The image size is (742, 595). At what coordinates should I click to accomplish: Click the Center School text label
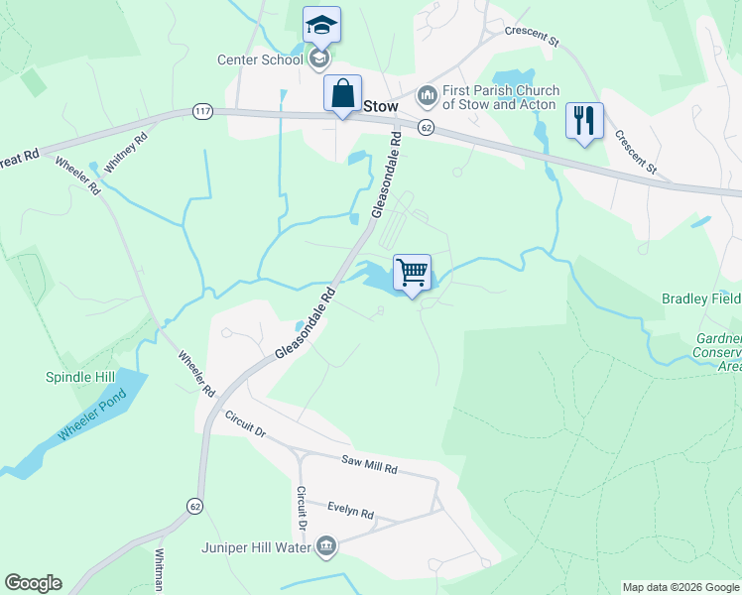260,59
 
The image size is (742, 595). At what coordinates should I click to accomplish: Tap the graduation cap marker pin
321,25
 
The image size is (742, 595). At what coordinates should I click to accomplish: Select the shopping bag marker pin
342,93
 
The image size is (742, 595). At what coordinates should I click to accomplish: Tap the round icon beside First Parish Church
428,95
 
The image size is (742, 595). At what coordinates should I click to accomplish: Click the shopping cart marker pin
412,272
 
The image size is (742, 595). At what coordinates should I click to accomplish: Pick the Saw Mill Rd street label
369,462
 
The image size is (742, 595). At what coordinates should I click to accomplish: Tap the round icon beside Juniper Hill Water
326,544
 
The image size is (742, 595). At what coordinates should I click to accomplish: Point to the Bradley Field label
701,298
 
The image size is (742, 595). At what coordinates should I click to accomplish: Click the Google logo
33,583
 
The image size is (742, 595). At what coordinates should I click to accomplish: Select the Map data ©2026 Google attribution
680,587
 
